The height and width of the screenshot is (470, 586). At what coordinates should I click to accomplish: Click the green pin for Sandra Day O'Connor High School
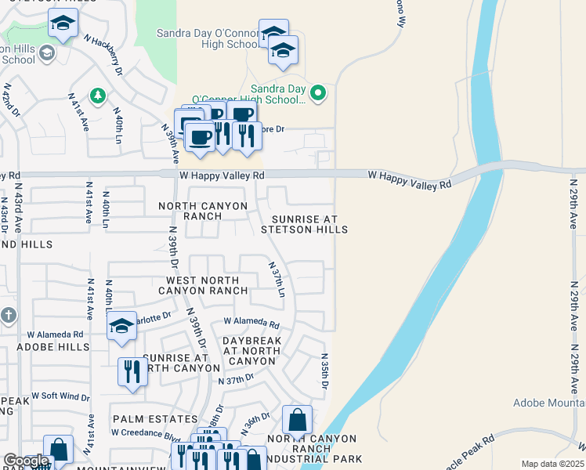pyautogui.click(x=318, y=94)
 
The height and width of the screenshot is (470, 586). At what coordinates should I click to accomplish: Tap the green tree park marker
pyautogui.click(x=97, y=96)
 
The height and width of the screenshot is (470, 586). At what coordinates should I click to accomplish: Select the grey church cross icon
pyautogui.click(x=8, y=316)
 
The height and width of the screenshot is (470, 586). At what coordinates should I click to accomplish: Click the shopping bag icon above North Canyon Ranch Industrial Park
pyautogui.click(x=297, y=421)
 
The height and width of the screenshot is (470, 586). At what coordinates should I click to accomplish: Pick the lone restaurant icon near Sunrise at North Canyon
pyautogui.click(x=132, y=371)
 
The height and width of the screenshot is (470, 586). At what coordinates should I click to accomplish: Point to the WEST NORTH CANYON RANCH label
pyautogui.click(x=206, y=285)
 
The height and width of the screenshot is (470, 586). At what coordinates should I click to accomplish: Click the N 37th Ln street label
pyautogui.click(x=277, y=280)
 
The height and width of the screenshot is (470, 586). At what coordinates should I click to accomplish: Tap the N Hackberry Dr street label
pyautogui.click(x=102, y=56)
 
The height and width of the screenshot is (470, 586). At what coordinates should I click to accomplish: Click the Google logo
pyautogui.click(x=26, y=461)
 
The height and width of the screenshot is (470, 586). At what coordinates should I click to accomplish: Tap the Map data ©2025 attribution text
pyautogui.click(x=552, y=464)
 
